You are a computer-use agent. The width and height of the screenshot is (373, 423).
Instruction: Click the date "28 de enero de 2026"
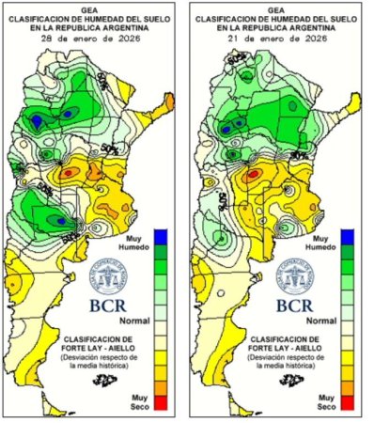(x=92, y=40)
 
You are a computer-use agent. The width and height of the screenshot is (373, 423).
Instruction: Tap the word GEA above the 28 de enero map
(x=92, y=7)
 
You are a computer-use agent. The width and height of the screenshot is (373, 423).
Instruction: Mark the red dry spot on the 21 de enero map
(x=252, y=174)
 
